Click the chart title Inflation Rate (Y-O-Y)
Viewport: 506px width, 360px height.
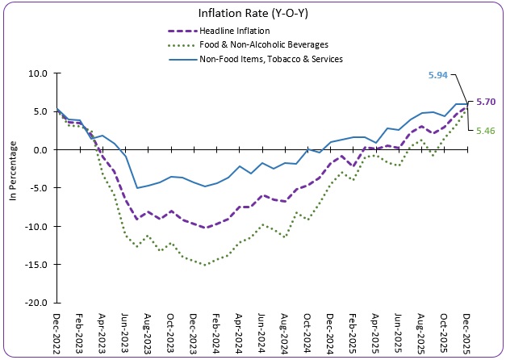253,13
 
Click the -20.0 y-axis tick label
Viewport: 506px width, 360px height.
37,303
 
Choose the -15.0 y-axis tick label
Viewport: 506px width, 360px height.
37,265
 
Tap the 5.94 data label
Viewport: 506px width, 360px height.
437,74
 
